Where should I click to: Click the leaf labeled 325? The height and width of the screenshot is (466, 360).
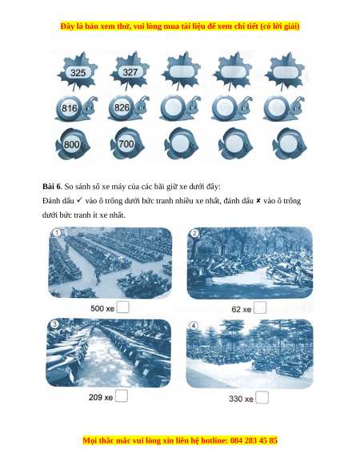click(78, 71)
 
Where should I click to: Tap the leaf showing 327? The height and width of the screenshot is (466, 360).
click(130, 71)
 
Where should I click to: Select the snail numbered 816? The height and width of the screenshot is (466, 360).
click(77, 108)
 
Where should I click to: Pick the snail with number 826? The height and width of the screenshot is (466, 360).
click(129, 108)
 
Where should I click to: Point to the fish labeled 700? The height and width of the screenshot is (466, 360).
click(127, 144)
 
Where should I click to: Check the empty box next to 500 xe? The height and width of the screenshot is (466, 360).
click(122, 307)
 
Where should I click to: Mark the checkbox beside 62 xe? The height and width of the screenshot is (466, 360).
click(260, 307)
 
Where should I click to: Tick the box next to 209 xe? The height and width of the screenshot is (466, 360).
click(122, 396)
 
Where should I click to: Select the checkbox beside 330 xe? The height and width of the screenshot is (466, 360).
click(262, 397)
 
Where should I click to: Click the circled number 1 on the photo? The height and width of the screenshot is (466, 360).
click(56, 232)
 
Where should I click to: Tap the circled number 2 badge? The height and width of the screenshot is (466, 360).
click(194, 233)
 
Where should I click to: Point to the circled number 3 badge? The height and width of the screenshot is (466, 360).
click(54, 324)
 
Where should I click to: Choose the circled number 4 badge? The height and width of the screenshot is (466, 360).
click(194, 326)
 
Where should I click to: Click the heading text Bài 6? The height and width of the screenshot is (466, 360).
click(52, 187)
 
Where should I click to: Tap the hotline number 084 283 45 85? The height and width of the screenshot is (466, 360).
click(254, 440)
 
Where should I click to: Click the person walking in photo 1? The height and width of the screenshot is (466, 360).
click(97, 275)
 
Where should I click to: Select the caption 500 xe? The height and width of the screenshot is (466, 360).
click(102, 308)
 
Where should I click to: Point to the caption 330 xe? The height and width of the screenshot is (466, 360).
click(241, 399)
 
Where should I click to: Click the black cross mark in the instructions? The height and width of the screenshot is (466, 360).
click(258, 201)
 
